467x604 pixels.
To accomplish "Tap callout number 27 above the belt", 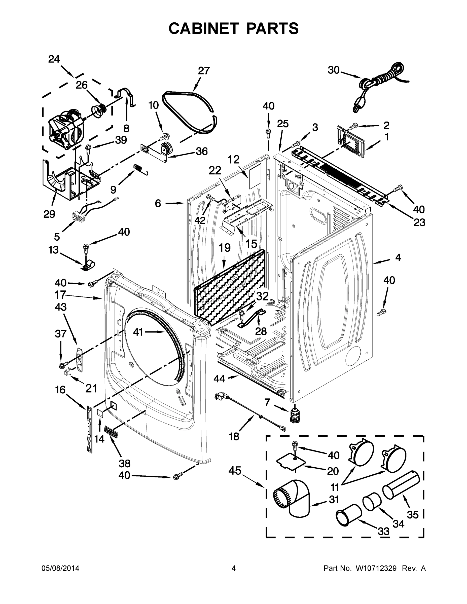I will coord(204,71).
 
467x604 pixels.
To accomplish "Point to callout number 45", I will coord(235,470).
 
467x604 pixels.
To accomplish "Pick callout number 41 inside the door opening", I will coord(138,332).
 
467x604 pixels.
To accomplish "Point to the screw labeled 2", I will coord(353,127).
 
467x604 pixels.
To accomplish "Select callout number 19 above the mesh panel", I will coord(225,248).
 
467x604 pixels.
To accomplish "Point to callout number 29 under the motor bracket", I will coord(49,214).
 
